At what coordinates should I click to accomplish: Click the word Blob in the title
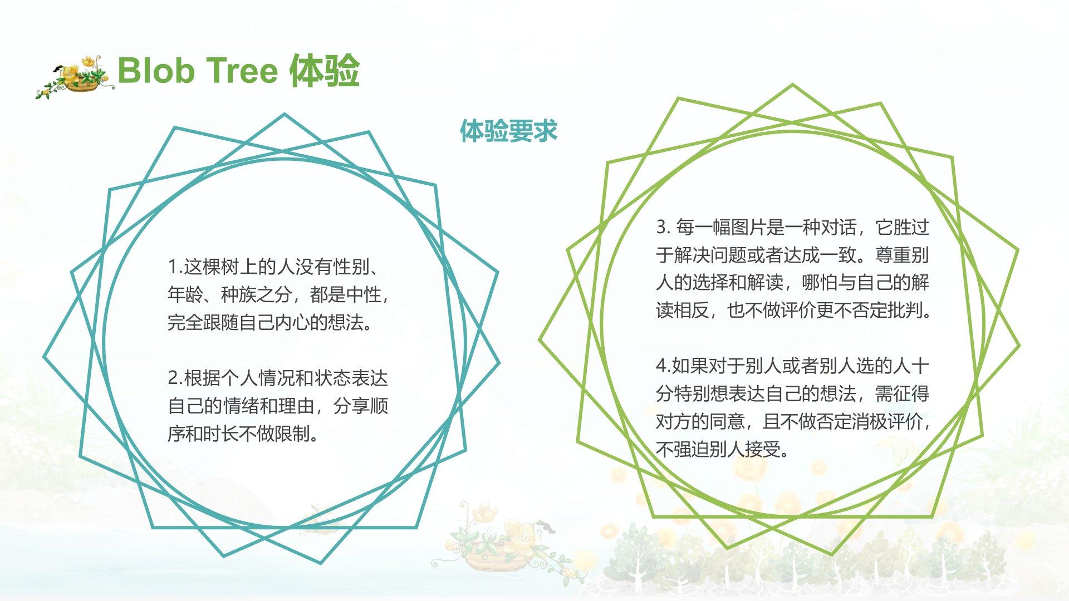coord(156,71)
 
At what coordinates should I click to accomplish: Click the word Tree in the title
coord(242,71)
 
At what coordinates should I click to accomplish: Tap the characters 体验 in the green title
coord(325,71)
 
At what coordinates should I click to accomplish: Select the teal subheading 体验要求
coord(508,131)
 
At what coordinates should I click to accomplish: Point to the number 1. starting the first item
coord(175,267)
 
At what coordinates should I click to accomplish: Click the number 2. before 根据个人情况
coord(175,378)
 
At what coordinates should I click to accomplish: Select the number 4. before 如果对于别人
coord(663,366)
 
